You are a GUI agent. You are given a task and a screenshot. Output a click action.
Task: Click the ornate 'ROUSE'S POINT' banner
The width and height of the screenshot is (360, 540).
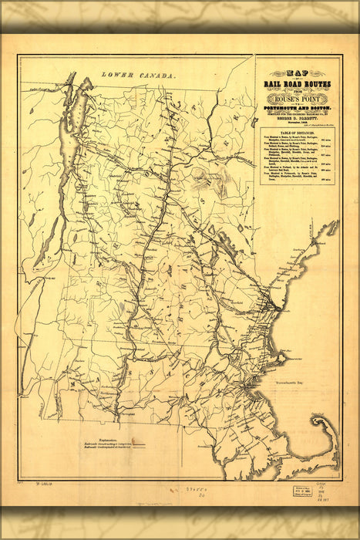(297, 99)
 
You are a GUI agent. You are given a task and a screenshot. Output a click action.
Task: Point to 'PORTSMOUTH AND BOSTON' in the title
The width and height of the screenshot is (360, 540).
(297, 111)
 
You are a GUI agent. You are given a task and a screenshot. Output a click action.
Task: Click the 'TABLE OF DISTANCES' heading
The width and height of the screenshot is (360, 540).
(297, 133)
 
